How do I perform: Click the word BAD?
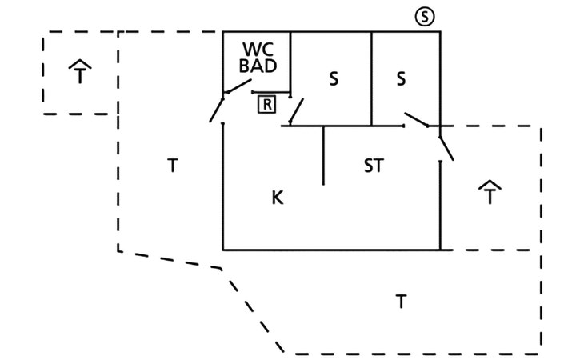point(256,66)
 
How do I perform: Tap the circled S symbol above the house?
point(425,17)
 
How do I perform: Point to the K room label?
point(278,197)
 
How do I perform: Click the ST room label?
point(373,166)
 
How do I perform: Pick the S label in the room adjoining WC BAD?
point(334,78)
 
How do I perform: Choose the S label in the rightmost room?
point(402,78)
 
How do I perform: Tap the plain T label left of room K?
point(172,166)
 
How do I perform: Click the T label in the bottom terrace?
point(401,302)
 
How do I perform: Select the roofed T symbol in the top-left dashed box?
point(80,73)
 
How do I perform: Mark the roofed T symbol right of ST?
point(490,193)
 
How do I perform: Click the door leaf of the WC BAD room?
point(238,87)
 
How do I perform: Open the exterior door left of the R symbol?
point(216,108)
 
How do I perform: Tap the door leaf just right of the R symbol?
point(296,111)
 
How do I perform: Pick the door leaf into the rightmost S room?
point(416,120)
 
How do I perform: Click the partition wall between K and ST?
point(323,155)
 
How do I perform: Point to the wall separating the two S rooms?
point(371,78)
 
